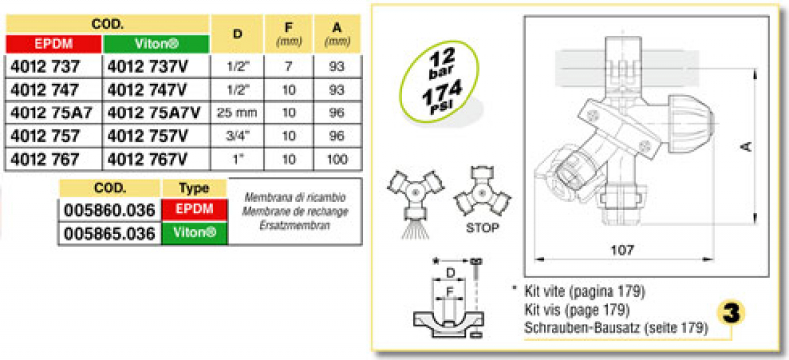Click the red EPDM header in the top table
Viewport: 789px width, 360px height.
pos(53,43)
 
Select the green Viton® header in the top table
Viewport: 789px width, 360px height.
pos(156,43)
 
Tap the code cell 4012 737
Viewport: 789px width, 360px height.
pos(44,66)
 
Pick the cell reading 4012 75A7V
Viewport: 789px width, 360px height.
pos(156,112)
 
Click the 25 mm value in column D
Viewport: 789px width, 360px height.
pos(237,112)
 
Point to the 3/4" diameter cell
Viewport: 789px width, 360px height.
pos(237,136)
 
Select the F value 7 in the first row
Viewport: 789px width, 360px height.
pos(288,66)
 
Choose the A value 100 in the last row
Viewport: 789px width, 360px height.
pos(336,159)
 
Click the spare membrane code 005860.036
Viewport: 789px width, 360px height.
pos(109,210)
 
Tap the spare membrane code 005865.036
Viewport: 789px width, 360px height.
pos(109,234)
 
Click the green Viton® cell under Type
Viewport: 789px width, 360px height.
pos(194,233)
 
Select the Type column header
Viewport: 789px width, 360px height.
pos(194,188)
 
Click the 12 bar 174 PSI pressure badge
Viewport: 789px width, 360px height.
pos(438,82)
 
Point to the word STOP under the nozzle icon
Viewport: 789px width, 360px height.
pos(482,228)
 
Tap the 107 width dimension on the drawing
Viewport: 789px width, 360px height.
pos(624,250)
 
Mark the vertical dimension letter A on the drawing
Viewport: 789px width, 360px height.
pos(747,147)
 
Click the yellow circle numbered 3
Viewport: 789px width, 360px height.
pos(730,314)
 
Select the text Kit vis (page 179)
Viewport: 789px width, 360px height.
pos(577,310)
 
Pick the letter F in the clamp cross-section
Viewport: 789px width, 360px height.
pos(450,291)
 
